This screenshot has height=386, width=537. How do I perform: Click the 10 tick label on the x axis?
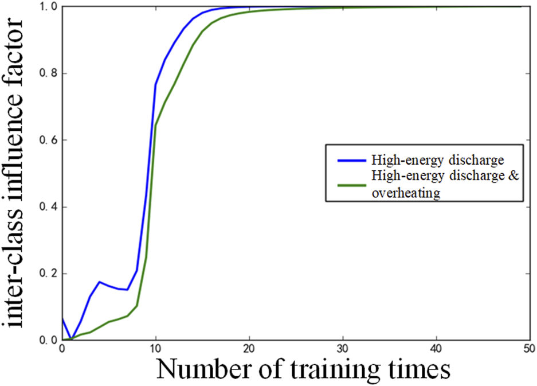click(155, 349)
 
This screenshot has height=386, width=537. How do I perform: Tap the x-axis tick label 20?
click(249, 349)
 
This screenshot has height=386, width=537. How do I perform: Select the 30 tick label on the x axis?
click(343, 349)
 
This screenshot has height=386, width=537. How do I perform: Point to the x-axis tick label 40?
click(437, 349)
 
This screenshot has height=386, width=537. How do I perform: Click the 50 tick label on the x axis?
click(530, 349)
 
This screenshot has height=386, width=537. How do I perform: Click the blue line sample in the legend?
click(344, 160)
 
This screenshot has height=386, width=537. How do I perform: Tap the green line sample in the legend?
click(344, 185)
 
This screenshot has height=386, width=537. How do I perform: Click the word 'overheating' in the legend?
click(405, 193)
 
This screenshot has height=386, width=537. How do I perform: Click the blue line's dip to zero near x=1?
click(71, 338)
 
